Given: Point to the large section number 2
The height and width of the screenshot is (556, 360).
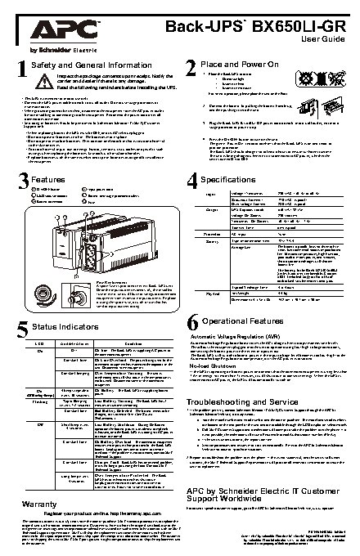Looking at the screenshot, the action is (191, 69).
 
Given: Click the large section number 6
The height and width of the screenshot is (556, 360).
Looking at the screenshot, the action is (191, 321).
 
